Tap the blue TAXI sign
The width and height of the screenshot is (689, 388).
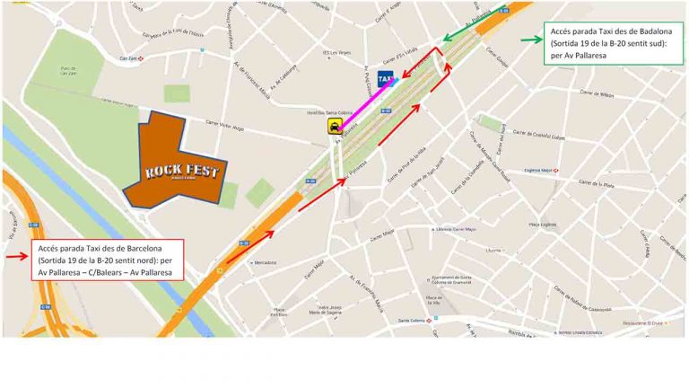pos(385,78)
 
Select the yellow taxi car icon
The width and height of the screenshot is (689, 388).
pos(335,128)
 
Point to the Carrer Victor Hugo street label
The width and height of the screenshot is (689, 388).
pos(224,124)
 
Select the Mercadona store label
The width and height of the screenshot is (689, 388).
pos(264,263)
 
